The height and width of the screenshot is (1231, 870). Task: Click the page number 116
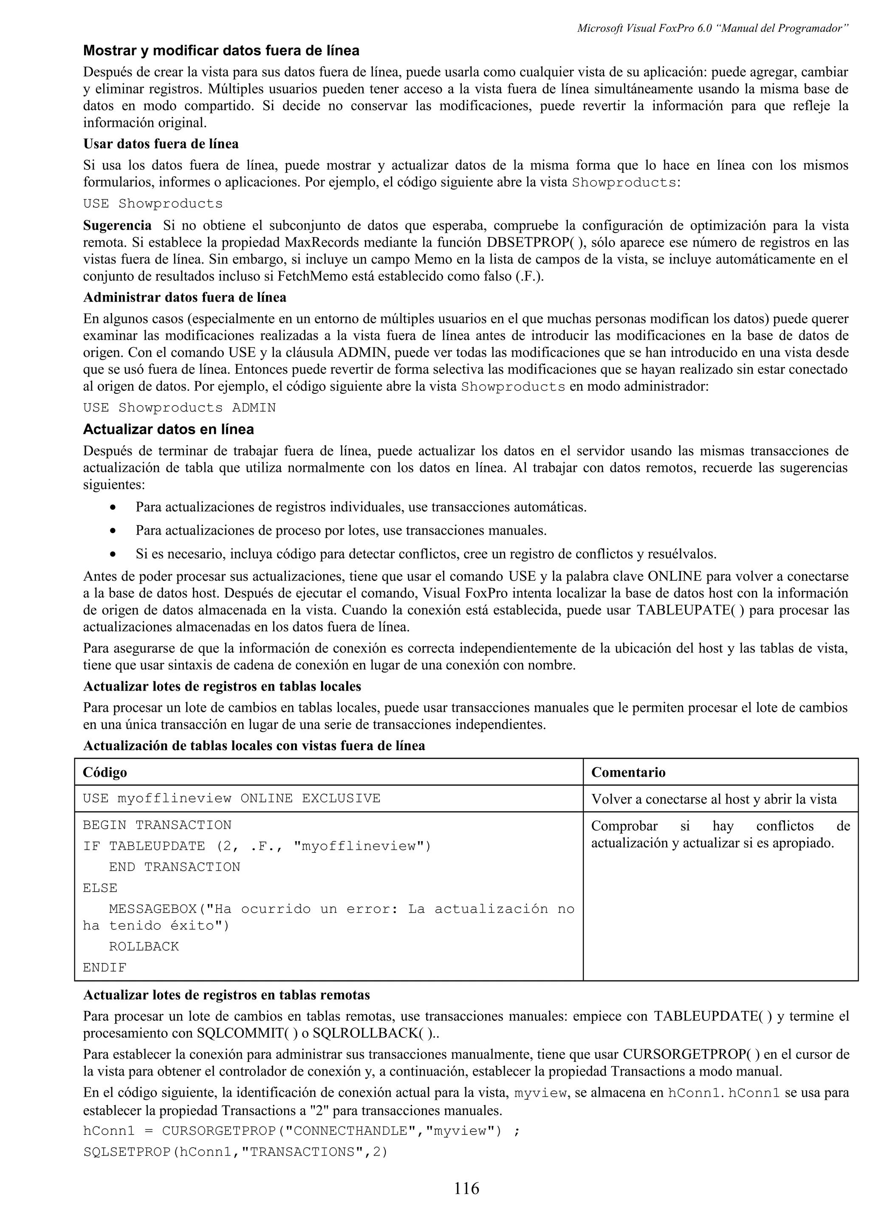(x=466, y=1188)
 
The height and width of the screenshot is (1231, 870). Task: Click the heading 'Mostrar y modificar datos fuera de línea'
(x=221, y=51)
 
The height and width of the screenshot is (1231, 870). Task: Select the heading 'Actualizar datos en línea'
(x=168, y=429)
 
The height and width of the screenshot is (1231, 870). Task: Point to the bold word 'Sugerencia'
(x=117, y=225)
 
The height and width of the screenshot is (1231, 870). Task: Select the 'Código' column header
(x=105, y=772)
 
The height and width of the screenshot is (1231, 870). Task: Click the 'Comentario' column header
(x=628, y=772)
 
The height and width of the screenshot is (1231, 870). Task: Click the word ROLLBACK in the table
(x=144, y=946)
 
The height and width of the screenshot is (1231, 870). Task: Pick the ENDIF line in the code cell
(x=105, y=968)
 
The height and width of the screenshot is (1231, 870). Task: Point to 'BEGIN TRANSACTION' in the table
(x=157, y=825)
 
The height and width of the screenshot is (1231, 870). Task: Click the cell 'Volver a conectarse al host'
(x=714, y=799)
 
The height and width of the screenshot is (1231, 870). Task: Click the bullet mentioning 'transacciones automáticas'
(x=361, y=507)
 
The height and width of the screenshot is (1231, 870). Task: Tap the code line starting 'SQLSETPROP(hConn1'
(x=235, y=1152)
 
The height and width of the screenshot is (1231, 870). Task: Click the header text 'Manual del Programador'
(x=782, y=28)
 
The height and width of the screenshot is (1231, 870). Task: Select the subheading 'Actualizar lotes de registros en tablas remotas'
(x=226, y=995)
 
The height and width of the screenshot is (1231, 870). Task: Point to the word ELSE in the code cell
(x=100, y=888)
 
